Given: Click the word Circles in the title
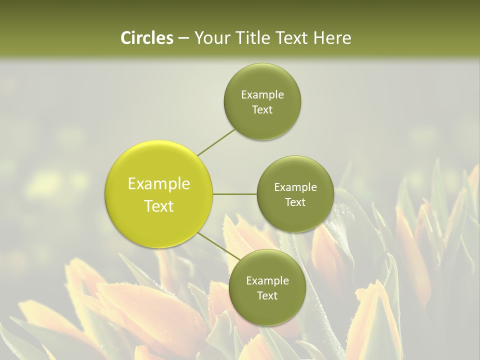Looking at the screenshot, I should point(146,38).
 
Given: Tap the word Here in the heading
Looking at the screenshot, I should point(332,38).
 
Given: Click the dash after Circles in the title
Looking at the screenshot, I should point(183,38).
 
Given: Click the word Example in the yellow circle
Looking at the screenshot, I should point(158,184).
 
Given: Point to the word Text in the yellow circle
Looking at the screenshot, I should point(158,206).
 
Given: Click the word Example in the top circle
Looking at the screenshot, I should point(262,95).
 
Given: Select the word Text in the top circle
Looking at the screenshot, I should point(262,110).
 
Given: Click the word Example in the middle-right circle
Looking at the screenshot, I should point(295,187).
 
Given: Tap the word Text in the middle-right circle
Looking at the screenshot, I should point(295,202).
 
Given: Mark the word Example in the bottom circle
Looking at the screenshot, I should point(267,281).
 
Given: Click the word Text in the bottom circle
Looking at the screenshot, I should point(267,296).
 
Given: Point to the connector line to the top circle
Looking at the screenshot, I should point(216,142).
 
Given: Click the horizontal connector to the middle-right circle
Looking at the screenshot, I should point(235,194).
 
